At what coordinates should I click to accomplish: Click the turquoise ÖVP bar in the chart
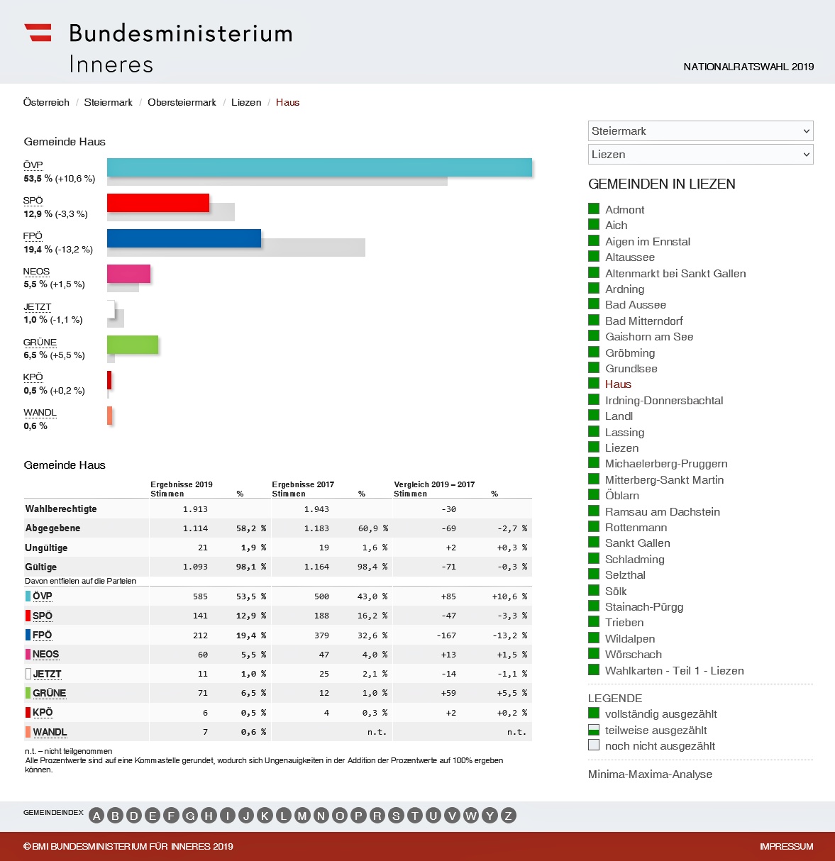319,167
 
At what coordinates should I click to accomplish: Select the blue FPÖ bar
184,238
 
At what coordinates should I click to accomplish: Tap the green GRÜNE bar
133,345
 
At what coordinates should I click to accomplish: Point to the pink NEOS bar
128,274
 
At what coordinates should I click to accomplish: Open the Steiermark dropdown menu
700,131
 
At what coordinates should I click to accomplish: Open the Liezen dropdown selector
700,155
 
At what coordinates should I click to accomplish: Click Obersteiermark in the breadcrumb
182,103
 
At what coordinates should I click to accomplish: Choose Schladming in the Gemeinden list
634,560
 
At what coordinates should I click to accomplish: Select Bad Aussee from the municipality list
635,305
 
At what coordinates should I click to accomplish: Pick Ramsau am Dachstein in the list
662,512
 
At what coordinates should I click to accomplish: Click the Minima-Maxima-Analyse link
650,774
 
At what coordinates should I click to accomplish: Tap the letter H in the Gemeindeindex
209,816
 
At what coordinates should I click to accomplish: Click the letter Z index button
508,816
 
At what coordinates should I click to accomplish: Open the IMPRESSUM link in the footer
786,847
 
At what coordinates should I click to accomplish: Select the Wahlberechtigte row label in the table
61,509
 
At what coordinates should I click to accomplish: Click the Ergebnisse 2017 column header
303,485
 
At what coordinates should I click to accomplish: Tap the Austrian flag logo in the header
38,33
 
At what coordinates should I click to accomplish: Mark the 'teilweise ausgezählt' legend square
594,730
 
